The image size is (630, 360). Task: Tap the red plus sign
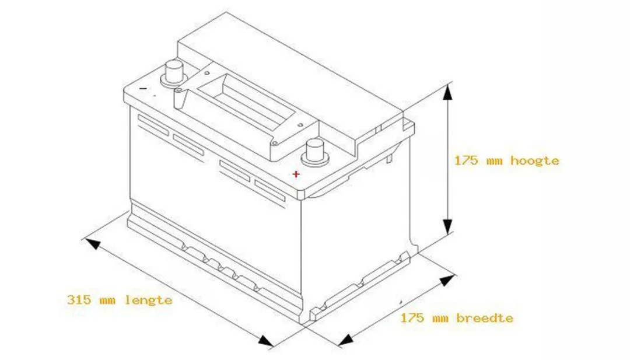pos(296,174)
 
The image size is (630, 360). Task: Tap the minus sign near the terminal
pos(143,88)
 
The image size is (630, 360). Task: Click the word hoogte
pos(535,161)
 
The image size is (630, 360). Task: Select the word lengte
pos(148,300)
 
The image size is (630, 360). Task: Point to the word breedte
pos(485,318)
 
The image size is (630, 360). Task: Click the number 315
pos(79,300)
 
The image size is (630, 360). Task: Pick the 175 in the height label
pos(467,160)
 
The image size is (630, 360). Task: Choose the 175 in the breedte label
pos(412,318)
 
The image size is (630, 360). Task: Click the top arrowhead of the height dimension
pos(447,92)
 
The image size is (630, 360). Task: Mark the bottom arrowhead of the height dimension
pos(447,226)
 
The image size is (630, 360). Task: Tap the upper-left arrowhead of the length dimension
pos(92,243)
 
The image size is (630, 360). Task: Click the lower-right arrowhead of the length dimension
pos(266,341)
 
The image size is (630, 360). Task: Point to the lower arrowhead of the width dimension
pos(345,340)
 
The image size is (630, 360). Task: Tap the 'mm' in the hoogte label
pos(495,162)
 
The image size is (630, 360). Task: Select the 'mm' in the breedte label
pos(440,319)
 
